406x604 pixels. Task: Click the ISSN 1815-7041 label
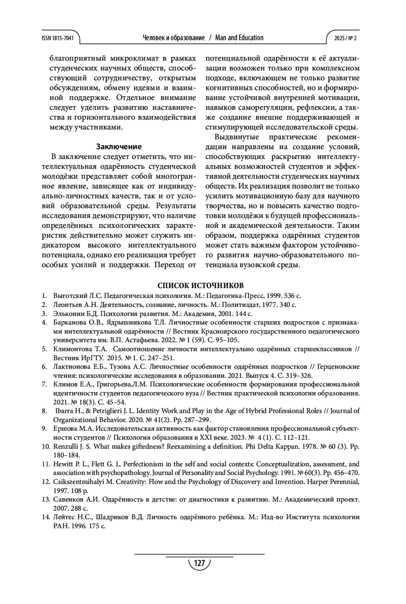click(x=57, y=38)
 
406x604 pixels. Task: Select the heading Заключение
click(x=119, y=147)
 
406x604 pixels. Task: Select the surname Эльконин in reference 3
click(x=67, y=314)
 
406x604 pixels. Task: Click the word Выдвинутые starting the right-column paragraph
click(x=237, y=137)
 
